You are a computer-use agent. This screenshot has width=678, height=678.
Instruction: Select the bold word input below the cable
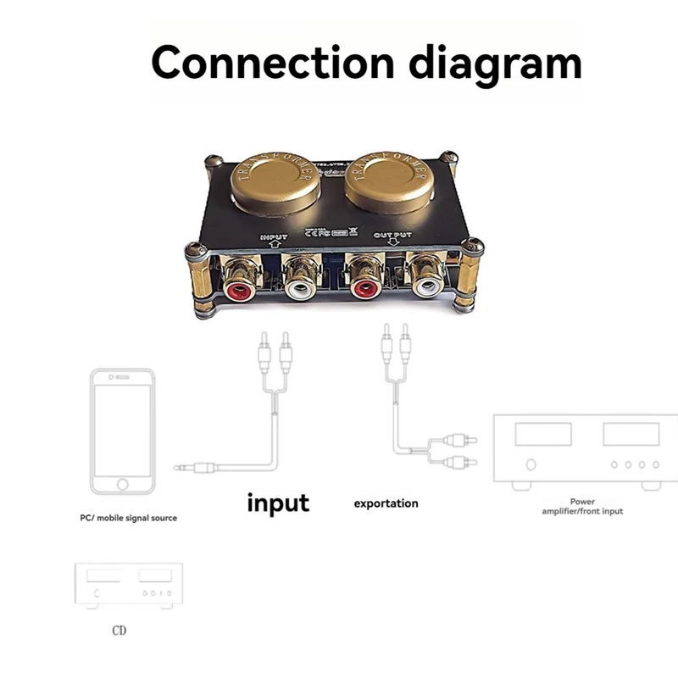(277, 503)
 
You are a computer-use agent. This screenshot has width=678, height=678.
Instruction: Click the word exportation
(386, 503)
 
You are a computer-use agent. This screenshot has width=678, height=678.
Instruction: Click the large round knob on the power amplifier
(531, 464)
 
